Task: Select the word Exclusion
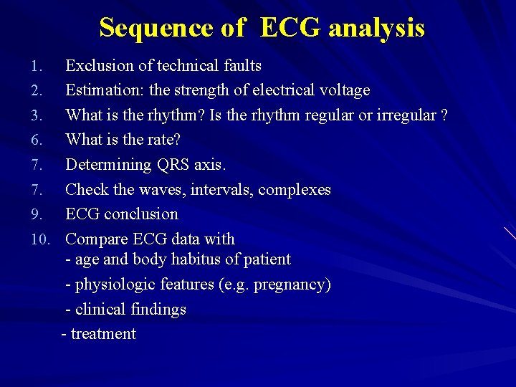(99, 66)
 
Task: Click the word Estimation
(103, 90)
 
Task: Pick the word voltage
(343, 90)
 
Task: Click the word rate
(163, 140)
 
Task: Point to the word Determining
(107, 165)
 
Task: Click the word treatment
(103, 334)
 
